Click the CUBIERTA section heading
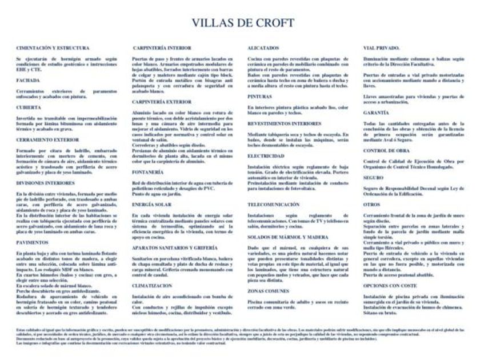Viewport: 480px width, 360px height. [x=29, y=107]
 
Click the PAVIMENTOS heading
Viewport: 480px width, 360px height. [x=32, y=242]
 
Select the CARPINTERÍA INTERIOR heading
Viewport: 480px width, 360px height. [x=162, y=48]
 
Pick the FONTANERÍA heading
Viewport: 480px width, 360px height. [x=148, y=171]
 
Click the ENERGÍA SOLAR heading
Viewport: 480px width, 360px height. [x=152, y=203]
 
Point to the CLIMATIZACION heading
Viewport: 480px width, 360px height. [x=153, y=284]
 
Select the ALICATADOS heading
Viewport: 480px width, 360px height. [x=263, y=48]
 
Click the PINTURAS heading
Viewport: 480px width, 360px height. [x=260, y=97]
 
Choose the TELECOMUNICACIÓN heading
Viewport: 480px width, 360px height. [x=274, y=204]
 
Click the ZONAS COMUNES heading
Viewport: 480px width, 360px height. [x=268, y=291]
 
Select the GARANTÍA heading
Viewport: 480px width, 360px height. [x=376, y=113]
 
